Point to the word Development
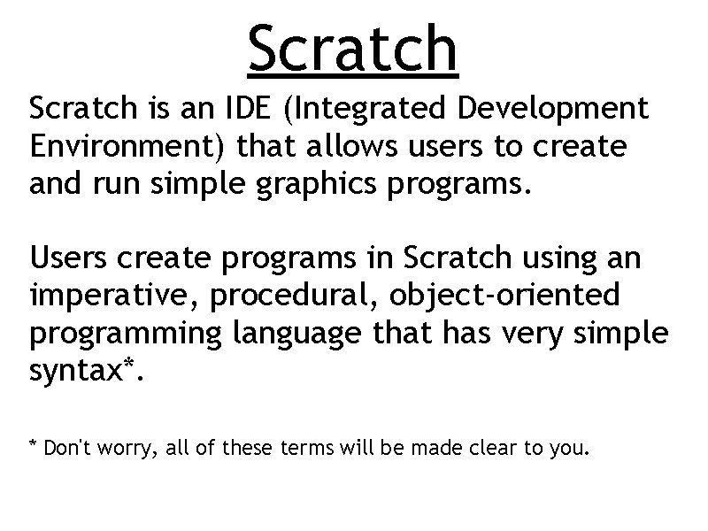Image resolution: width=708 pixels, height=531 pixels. pyautogui.click(x=558, y=110)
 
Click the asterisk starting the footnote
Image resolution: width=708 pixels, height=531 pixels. pyautogui.click(x=34, y=444)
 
